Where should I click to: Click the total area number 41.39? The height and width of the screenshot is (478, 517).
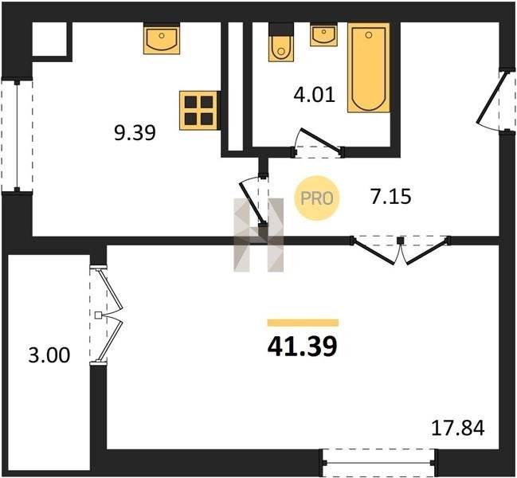click(303, 347)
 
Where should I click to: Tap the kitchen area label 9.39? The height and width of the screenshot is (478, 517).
click(135, 134)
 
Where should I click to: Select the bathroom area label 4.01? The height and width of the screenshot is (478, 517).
click(314, 95)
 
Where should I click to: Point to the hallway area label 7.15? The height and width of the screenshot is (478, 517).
click(390, 197)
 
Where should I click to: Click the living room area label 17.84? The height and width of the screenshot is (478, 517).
click(458, 428)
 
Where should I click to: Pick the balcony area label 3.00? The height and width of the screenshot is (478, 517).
click(49, 355)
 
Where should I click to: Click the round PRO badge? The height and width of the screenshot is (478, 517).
click(317, 198)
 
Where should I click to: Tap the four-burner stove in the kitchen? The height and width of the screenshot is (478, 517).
click(198, 111)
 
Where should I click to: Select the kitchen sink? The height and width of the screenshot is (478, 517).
click(162, 40)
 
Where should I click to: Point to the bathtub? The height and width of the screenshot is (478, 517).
click(369, 68)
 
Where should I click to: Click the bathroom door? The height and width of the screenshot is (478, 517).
click(318, 144)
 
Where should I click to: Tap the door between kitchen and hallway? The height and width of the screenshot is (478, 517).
click(255, 200)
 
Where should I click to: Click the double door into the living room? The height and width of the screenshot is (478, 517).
click(400, 249)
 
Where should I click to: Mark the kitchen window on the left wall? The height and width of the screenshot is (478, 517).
click(18, 135)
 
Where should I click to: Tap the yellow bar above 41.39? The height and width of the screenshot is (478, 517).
click(303, 323)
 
